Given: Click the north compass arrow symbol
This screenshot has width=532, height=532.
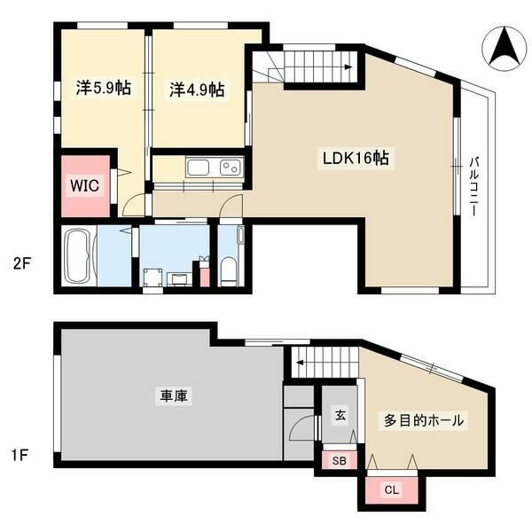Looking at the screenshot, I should point(503,47).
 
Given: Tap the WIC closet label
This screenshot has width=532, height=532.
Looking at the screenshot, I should point(85,184).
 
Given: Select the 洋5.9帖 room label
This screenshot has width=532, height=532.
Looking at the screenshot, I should point(104,89).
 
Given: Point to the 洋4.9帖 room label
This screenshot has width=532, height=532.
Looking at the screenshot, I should point(197,90).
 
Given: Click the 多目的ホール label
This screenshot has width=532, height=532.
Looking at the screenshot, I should point(423,420).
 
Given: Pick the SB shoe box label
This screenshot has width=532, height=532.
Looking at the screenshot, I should point(339,461).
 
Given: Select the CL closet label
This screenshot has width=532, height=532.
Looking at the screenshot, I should point(391,489).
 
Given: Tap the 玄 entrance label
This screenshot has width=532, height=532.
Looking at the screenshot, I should point(339,414).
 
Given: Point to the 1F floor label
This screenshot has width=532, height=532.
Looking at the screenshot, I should point(22,456).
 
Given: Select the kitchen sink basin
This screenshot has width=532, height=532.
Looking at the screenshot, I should point(197,167).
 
